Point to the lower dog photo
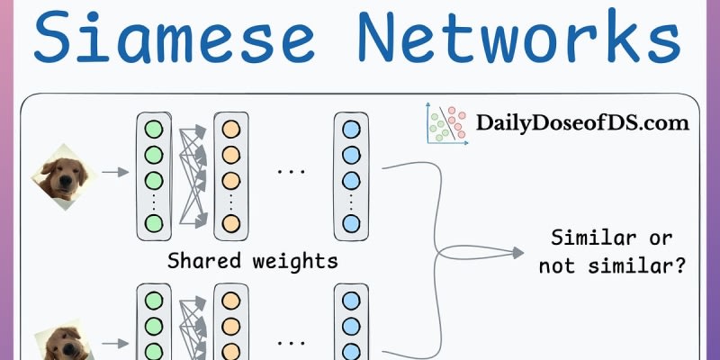pyautogui.click(x=64, y=343)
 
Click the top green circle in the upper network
pyautogui.click(x=153, y=127)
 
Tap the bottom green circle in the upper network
pyautogui.click(x=153, y=223)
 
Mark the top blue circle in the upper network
pyautogui.click(x=351, y=127)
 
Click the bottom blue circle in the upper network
pyautogui.click(x=351, y=223)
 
